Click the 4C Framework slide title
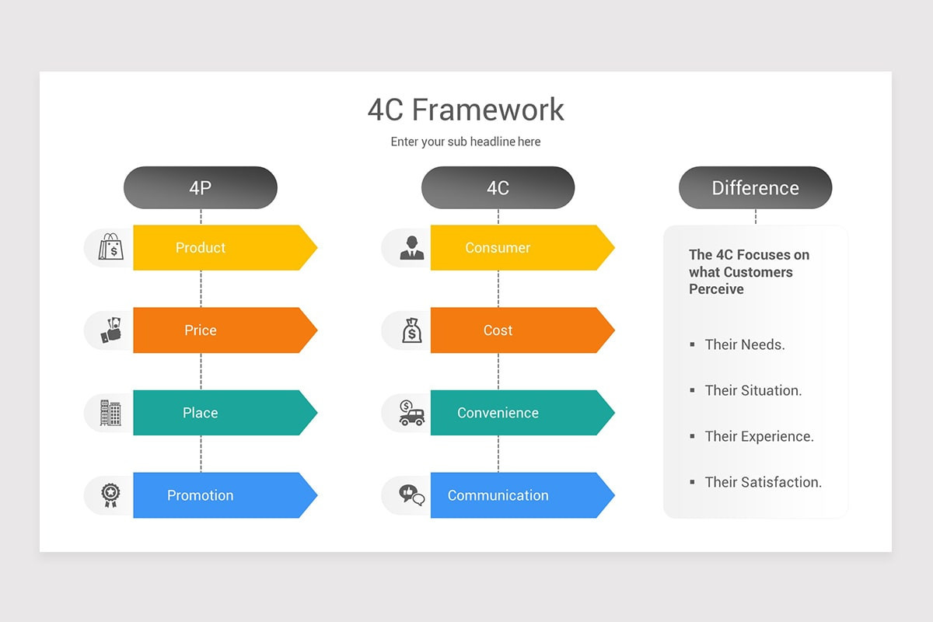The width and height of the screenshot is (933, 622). click(466, 110)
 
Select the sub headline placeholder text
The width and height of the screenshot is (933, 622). click(466, 142)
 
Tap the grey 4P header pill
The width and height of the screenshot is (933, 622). click(201, 187)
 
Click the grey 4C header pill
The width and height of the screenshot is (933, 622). click(498, 187)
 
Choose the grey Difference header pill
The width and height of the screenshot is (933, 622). click(755, 187)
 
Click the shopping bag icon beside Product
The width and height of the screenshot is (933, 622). click(110, 247)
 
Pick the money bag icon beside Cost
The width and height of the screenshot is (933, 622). click(411, 330)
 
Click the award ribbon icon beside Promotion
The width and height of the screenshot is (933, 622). click(110, 495)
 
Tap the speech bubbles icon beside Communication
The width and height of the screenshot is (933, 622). click(411, 494)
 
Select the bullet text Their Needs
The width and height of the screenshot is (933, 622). click(744, 344)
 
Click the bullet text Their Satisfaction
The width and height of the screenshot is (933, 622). click(763, 482)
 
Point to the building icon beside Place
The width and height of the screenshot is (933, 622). click(110, 413)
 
